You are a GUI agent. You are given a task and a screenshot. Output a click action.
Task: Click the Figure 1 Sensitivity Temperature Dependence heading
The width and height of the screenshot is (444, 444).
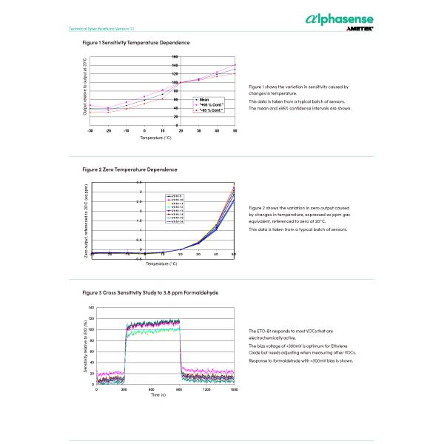tap(136, 43)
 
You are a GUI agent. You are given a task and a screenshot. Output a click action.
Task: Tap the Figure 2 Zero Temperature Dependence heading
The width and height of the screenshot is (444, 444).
tap(129, 169)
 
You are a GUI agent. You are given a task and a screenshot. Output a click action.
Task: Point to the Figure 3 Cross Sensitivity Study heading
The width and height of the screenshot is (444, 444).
tap(150, 292)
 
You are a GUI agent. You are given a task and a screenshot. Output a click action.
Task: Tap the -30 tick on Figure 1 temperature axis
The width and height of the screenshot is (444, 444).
tap(90, 130)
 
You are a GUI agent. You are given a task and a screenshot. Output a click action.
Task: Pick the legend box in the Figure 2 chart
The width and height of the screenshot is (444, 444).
tap(179, 209)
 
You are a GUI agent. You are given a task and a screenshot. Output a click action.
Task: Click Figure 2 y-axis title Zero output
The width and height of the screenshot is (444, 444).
tap(86, 221)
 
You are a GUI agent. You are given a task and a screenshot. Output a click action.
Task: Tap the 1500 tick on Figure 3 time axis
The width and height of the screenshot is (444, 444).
tap(235, 389)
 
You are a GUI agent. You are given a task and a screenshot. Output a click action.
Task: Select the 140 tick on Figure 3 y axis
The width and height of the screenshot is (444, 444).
tap(91, 307)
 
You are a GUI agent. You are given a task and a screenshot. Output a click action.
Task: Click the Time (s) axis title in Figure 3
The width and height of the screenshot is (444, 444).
tap(158, 395)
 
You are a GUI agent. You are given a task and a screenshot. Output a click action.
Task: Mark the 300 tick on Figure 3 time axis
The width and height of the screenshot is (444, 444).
tap(124, 389)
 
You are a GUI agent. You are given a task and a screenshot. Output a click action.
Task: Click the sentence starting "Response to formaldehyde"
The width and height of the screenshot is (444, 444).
tap(301, 360)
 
